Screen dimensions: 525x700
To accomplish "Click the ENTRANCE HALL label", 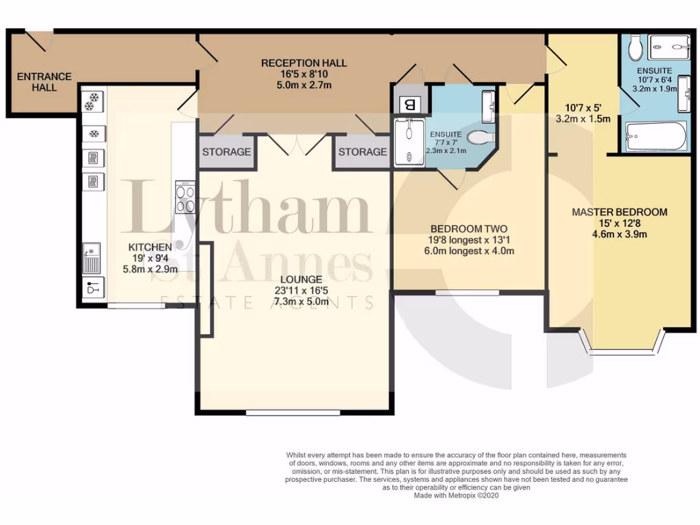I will pyautogui.click(x=44, y=82).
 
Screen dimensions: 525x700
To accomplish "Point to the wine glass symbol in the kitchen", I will pyautogui.click(x=92, y=288).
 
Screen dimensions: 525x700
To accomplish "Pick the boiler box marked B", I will pyautogui.click(x=410, y=104).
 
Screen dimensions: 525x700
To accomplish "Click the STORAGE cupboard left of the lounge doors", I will pyautogui.click(x=226, y=152).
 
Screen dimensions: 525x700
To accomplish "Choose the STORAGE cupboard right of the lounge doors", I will pyautogui.click(x=362, y=152).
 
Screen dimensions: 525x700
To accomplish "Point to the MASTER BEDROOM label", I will pyautogui.click(x=619, y=212).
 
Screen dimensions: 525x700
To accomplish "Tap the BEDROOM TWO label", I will pyautogui.click(x=469, y=228).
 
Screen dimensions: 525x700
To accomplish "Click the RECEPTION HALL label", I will pyautogui.click(x=304, y=63).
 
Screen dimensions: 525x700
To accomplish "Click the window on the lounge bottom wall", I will pyautogui.click(x=293, y=413).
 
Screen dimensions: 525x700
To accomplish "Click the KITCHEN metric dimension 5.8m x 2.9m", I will pyautogui.click(x=150, y=269).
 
